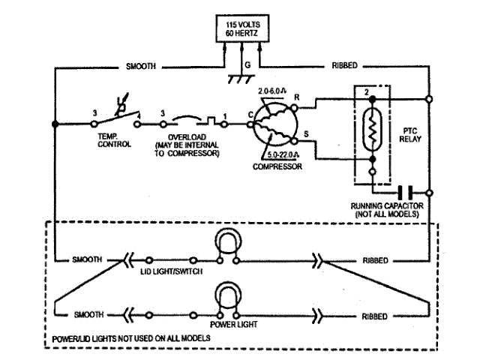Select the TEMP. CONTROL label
pyautogui.click(x=114, y=139)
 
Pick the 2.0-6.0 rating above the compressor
pyautogui.click(x=274, y=91)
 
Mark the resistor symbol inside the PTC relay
pyautogui.click(x=371, y=128)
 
